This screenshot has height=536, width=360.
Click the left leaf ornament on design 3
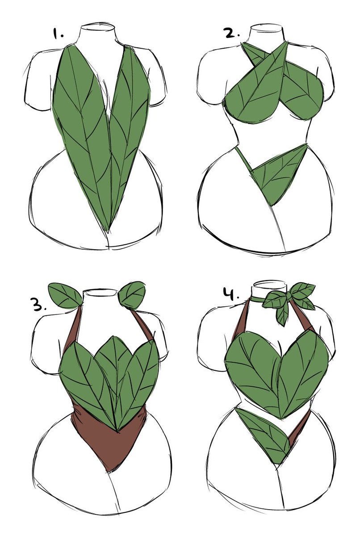pos(65,294)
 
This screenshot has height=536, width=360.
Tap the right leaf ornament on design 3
pos(132,294)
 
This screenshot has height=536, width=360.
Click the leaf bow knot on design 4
pos(286,296)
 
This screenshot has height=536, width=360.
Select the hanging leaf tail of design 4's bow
pos(282,315)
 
